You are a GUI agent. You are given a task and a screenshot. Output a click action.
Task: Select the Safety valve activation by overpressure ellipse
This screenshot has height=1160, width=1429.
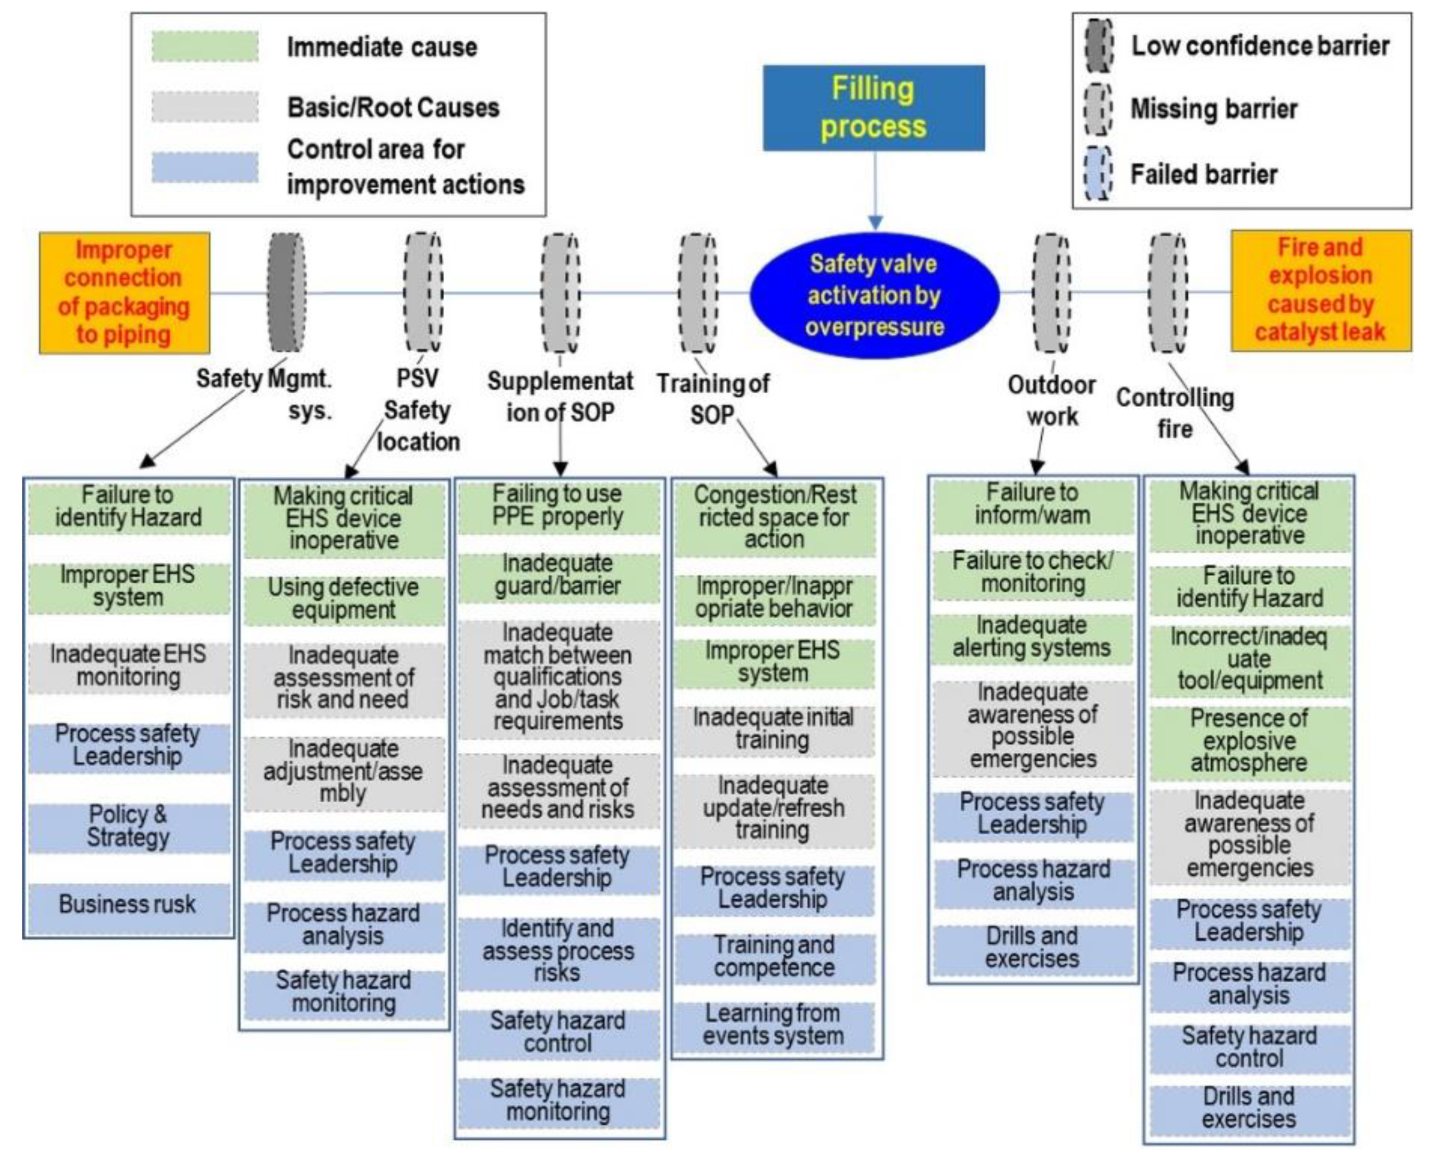coord(874,295)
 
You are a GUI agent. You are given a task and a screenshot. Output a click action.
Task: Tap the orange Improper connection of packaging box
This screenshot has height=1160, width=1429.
coord(124,292)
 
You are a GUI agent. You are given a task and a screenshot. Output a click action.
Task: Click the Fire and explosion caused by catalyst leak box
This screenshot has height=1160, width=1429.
coord(1320,290)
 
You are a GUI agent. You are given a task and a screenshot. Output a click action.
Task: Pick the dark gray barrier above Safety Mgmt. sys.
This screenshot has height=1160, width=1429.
coord(286,292)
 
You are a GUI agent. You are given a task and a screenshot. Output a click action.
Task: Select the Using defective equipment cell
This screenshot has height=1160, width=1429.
coord(343,599)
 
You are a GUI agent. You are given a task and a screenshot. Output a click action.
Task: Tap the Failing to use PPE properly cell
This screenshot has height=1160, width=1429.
coord(558,505)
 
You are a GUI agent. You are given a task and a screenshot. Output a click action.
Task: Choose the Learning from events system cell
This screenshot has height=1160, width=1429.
coord(773,1025)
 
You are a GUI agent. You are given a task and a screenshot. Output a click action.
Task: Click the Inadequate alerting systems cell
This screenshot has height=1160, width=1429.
coord(1032,637)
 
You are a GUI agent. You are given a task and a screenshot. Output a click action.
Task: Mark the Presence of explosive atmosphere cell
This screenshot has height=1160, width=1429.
coord(1249,741)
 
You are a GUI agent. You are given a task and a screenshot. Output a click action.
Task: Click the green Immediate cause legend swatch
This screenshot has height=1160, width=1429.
coord(204,47)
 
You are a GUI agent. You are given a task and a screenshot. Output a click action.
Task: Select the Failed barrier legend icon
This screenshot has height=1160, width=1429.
coord(1097,174)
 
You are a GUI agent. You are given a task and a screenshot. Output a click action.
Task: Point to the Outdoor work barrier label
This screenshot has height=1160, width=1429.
coord(1051,400)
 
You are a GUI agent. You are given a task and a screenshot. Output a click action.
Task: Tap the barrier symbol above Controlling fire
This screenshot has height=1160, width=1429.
coord(1168,292)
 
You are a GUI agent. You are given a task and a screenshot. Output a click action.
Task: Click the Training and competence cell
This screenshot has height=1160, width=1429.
coord(774,957)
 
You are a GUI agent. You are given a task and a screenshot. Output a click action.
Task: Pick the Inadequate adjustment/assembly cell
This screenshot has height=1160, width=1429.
coord(343,772)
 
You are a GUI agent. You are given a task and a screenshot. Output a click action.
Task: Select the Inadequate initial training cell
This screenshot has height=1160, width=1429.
coord(773,729)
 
